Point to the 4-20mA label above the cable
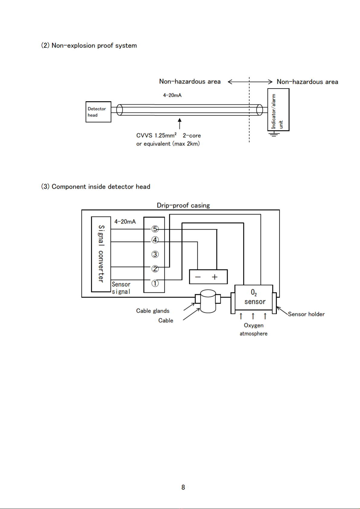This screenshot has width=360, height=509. (x=172, y=95)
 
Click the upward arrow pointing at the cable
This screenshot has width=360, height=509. (x=180, y=124)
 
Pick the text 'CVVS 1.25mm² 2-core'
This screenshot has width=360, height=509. (x=168, y=135)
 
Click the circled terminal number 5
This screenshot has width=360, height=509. (x=155, y=229)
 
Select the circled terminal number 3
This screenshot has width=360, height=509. (x=155, y=254)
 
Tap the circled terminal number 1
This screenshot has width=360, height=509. (x=155, y=283)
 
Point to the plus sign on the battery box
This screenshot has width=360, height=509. (x=214, y=277)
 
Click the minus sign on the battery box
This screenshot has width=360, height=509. (x=198, y=277)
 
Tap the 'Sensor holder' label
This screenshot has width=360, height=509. (x=306, y=314)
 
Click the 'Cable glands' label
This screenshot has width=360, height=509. (x=153, y=311)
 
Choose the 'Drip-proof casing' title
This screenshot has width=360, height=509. (x=183, y=205)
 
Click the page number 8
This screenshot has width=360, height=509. (x=183, y=487)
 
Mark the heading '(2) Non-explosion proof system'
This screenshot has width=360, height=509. (x=89, y=45)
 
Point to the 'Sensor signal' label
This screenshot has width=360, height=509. (x=121, y=288)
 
